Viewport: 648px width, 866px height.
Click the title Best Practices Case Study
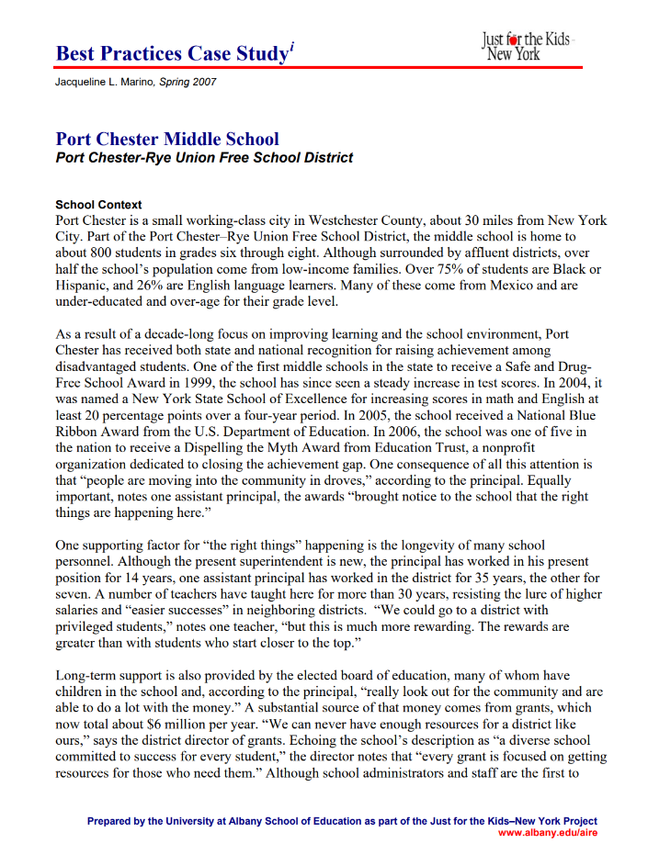point(172,53)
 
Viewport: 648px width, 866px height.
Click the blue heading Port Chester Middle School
point(167,140)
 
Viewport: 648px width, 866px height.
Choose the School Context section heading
point(98,205)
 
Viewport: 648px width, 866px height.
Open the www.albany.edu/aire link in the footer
point(547,832)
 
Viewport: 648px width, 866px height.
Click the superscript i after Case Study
point(291,47)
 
